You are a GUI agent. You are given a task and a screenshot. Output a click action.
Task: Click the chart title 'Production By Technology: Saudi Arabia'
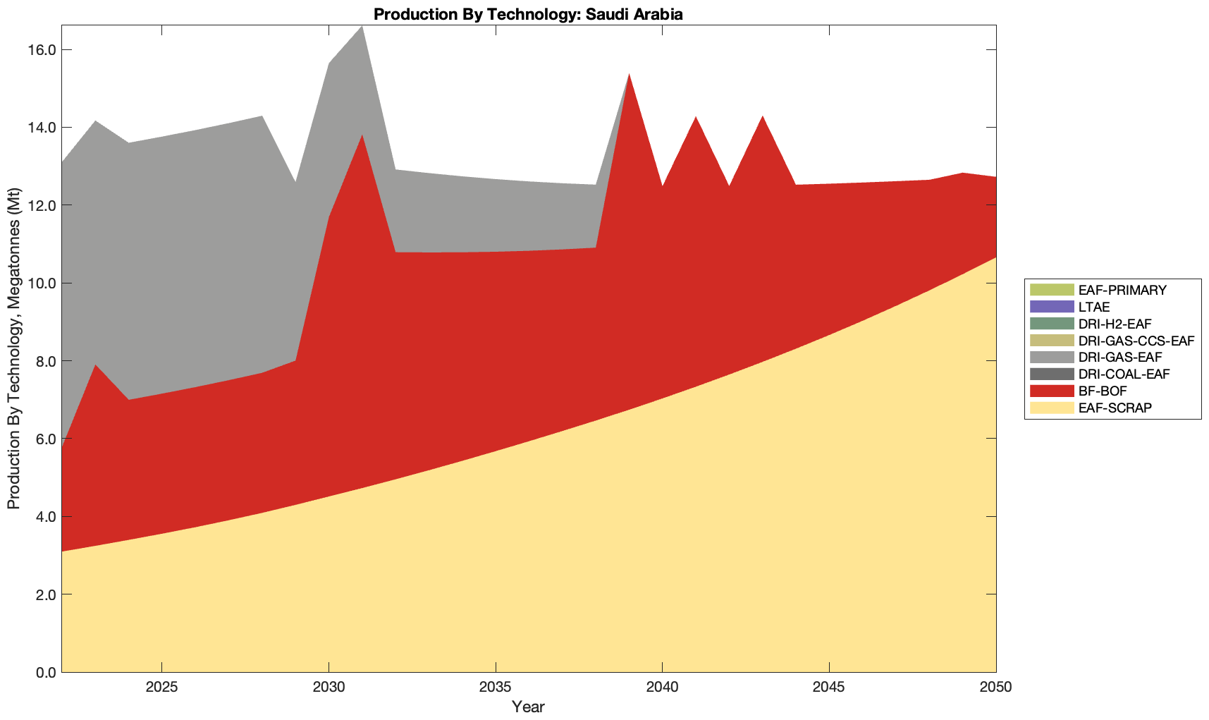point(528,14)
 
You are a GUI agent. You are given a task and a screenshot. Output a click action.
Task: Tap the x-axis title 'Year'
point(528,707)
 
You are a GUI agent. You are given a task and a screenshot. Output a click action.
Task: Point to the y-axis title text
point(13,349)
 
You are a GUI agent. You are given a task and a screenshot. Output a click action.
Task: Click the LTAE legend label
point(1094,307)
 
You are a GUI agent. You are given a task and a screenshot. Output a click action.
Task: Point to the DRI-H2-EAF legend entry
point(1115,324)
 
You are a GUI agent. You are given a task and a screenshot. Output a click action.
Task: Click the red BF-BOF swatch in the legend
point(1052,391)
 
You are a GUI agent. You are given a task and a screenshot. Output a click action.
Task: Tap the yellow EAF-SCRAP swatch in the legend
point(1052,408)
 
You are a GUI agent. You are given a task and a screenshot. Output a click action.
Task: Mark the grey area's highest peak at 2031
point(362,27)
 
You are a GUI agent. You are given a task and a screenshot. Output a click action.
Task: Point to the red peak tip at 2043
point(762,117)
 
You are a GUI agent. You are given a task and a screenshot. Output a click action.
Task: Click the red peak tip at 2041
point(696,118)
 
